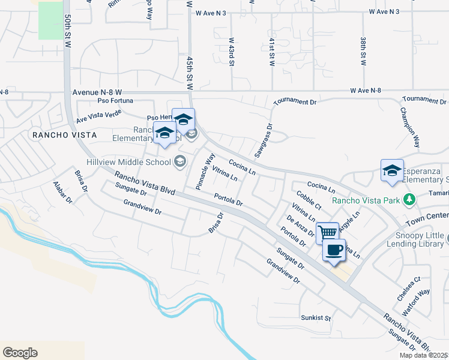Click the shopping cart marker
[327, 232]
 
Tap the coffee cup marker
[334, 249]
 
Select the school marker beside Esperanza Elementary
[391, 170]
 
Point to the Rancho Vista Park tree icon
[409, 199]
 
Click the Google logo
[20, 353]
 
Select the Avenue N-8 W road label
[97, 93]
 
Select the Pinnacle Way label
[202, 172]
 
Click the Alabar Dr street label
[62, 192]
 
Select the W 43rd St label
[231, 52]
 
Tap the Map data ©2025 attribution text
[423, 355]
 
